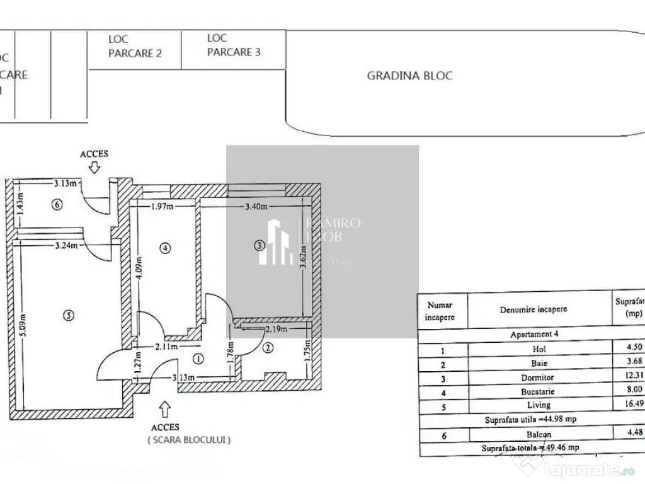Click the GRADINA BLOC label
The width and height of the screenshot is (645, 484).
[409, 76]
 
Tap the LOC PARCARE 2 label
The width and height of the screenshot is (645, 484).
[135, 47]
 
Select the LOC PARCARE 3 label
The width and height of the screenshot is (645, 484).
[233, 45]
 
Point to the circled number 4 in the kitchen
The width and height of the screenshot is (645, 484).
[165, 248]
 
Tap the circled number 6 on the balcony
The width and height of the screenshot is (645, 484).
[57, 205]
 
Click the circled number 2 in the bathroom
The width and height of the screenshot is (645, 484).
[268, 347]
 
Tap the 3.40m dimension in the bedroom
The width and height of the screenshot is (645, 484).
[254, 206]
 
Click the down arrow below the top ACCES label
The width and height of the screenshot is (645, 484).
[94, 168]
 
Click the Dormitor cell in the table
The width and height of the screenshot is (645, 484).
[539, 377]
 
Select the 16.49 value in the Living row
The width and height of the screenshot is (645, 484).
[630, 405]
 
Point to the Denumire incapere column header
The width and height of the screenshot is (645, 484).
[534, 309]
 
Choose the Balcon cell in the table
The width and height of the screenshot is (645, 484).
[539, 434]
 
